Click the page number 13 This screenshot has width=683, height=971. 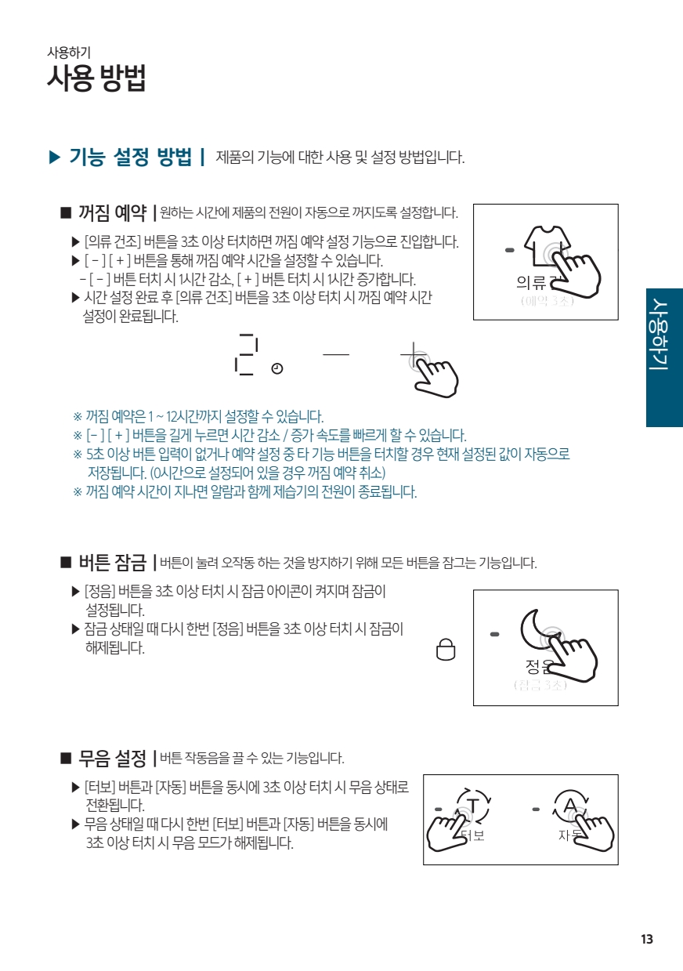tap(647, 939)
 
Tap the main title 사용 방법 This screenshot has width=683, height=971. tap(96, 78)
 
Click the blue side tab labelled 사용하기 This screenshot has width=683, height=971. tap(664, 357)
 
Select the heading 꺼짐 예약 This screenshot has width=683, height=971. tap(112, 212)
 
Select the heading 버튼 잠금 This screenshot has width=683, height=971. tap(112, 563)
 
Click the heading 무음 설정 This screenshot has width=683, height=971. tap(112, 758)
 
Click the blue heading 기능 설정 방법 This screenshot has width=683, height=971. tap(131, 157)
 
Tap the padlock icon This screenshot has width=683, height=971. tap(446, 650)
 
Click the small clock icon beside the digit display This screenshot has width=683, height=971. tap(277, 368)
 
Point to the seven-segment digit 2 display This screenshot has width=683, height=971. tap(246, 354)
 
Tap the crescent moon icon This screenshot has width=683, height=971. tap(536, 629)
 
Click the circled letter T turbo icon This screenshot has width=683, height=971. tap(473, 806)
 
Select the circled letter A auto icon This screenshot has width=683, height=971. tap(570, 806)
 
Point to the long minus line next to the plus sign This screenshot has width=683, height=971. tap(336, 354)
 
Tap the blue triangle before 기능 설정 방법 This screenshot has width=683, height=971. tap(55, 157)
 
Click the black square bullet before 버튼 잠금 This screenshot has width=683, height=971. tap(66, 563)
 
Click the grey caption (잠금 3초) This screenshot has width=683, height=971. tap(540, 685)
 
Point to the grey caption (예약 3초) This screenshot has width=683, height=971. tap(547, 300)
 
